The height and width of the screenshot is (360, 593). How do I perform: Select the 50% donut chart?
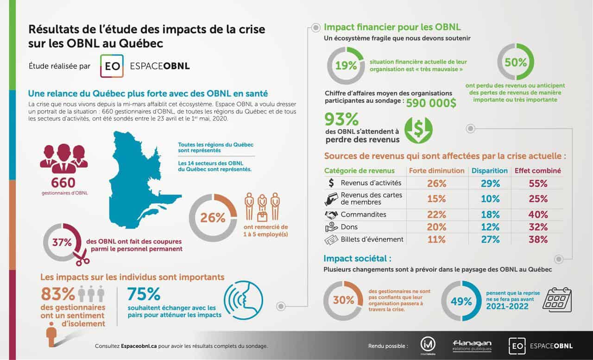pos(515,62)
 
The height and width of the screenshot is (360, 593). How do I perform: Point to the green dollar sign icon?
pos(418,130)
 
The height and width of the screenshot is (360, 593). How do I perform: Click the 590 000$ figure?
pos(431,103)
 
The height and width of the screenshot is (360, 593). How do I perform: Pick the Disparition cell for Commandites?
pos(490,215)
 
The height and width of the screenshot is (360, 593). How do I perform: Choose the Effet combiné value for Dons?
pos(538,227)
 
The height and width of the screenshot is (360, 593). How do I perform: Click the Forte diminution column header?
pos(436,171)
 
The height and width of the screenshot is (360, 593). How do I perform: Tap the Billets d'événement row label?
pos(372,240)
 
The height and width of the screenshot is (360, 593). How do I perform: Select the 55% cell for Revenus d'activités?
pos(538,183)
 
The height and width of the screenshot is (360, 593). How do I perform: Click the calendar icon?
pos(557,300)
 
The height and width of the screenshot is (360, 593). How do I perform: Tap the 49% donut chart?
pos(461,301)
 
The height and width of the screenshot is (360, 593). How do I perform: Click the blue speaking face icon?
pos(243,300)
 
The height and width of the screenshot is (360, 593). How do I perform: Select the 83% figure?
pos(58,294)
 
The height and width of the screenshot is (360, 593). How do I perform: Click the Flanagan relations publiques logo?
pos(472,346)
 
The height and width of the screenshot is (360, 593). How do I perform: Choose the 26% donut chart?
pos(213,218)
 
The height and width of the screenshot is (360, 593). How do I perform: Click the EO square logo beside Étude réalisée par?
pos(112,66)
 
